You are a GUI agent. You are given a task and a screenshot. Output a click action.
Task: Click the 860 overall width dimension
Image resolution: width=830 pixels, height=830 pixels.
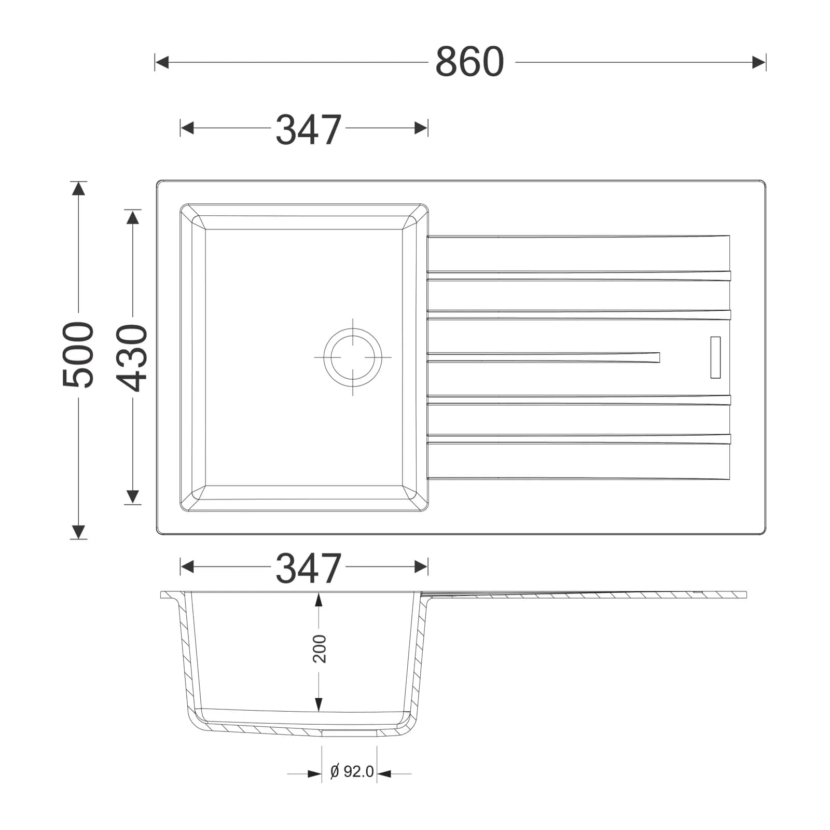[x=469, y=62]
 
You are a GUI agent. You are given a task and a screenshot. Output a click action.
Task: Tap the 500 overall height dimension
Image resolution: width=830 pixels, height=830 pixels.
[x=78, y=354]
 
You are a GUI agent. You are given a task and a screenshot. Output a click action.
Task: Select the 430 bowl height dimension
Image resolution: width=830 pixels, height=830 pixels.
[x=132, y=357]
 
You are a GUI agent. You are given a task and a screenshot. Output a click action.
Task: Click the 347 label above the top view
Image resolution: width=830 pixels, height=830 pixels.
[x=308, y=129]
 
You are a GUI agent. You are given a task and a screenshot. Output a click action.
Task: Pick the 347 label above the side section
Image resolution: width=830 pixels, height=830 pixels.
[x=308, y=568]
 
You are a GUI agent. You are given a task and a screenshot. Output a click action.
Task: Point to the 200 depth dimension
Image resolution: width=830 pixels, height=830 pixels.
[x=320, y=648]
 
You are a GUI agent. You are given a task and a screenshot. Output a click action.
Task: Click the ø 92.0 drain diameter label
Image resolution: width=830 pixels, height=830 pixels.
[x=352, y=771]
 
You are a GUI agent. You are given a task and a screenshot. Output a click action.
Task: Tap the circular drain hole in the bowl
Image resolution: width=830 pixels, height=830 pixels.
[x=353, y=357]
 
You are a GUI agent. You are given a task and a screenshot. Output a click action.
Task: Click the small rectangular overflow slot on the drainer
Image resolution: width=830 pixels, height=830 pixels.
[x=715, y=357]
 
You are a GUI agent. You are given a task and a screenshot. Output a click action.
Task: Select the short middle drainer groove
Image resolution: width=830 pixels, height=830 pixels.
[x=543, y=357]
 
